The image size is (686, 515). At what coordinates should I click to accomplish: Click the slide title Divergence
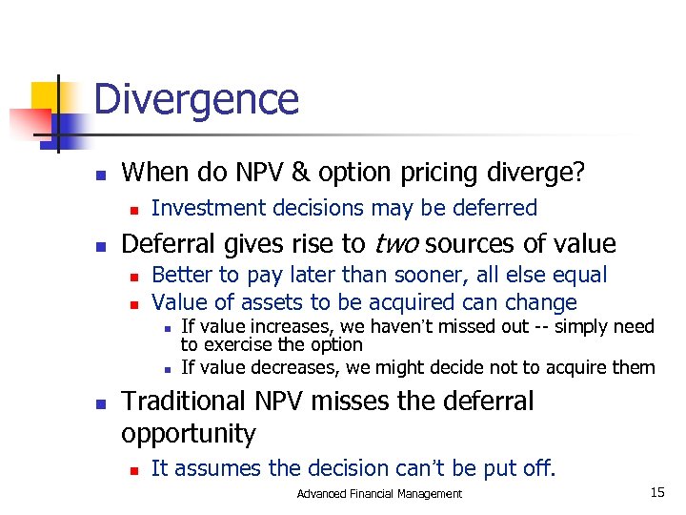pyautogui.click(x=196, y=99)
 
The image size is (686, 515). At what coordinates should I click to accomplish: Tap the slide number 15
pyautogui.click(x=656, y=492)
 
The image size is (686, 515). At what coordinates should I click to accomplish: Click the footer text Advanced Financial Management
pyautogui.click(x=379, y=493)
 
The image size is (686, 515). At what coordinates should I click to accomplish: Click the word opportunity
pyautogui.click(x=189, y=434)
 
